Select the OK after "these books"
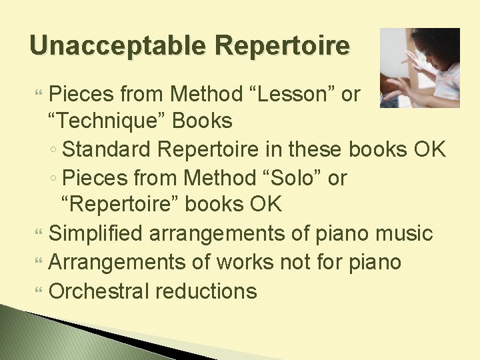coord(428,149)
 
